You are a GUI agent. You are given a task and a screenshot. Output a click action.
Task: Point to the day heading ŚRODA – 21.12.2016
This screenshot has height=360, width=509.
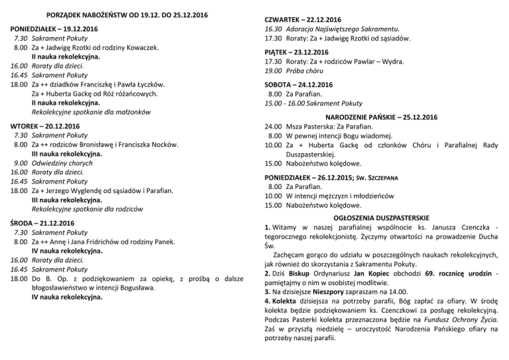44,223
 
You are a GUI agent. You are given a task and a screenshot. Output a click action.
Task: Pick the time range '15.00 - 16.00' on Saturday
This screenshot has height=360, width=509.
288,103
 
